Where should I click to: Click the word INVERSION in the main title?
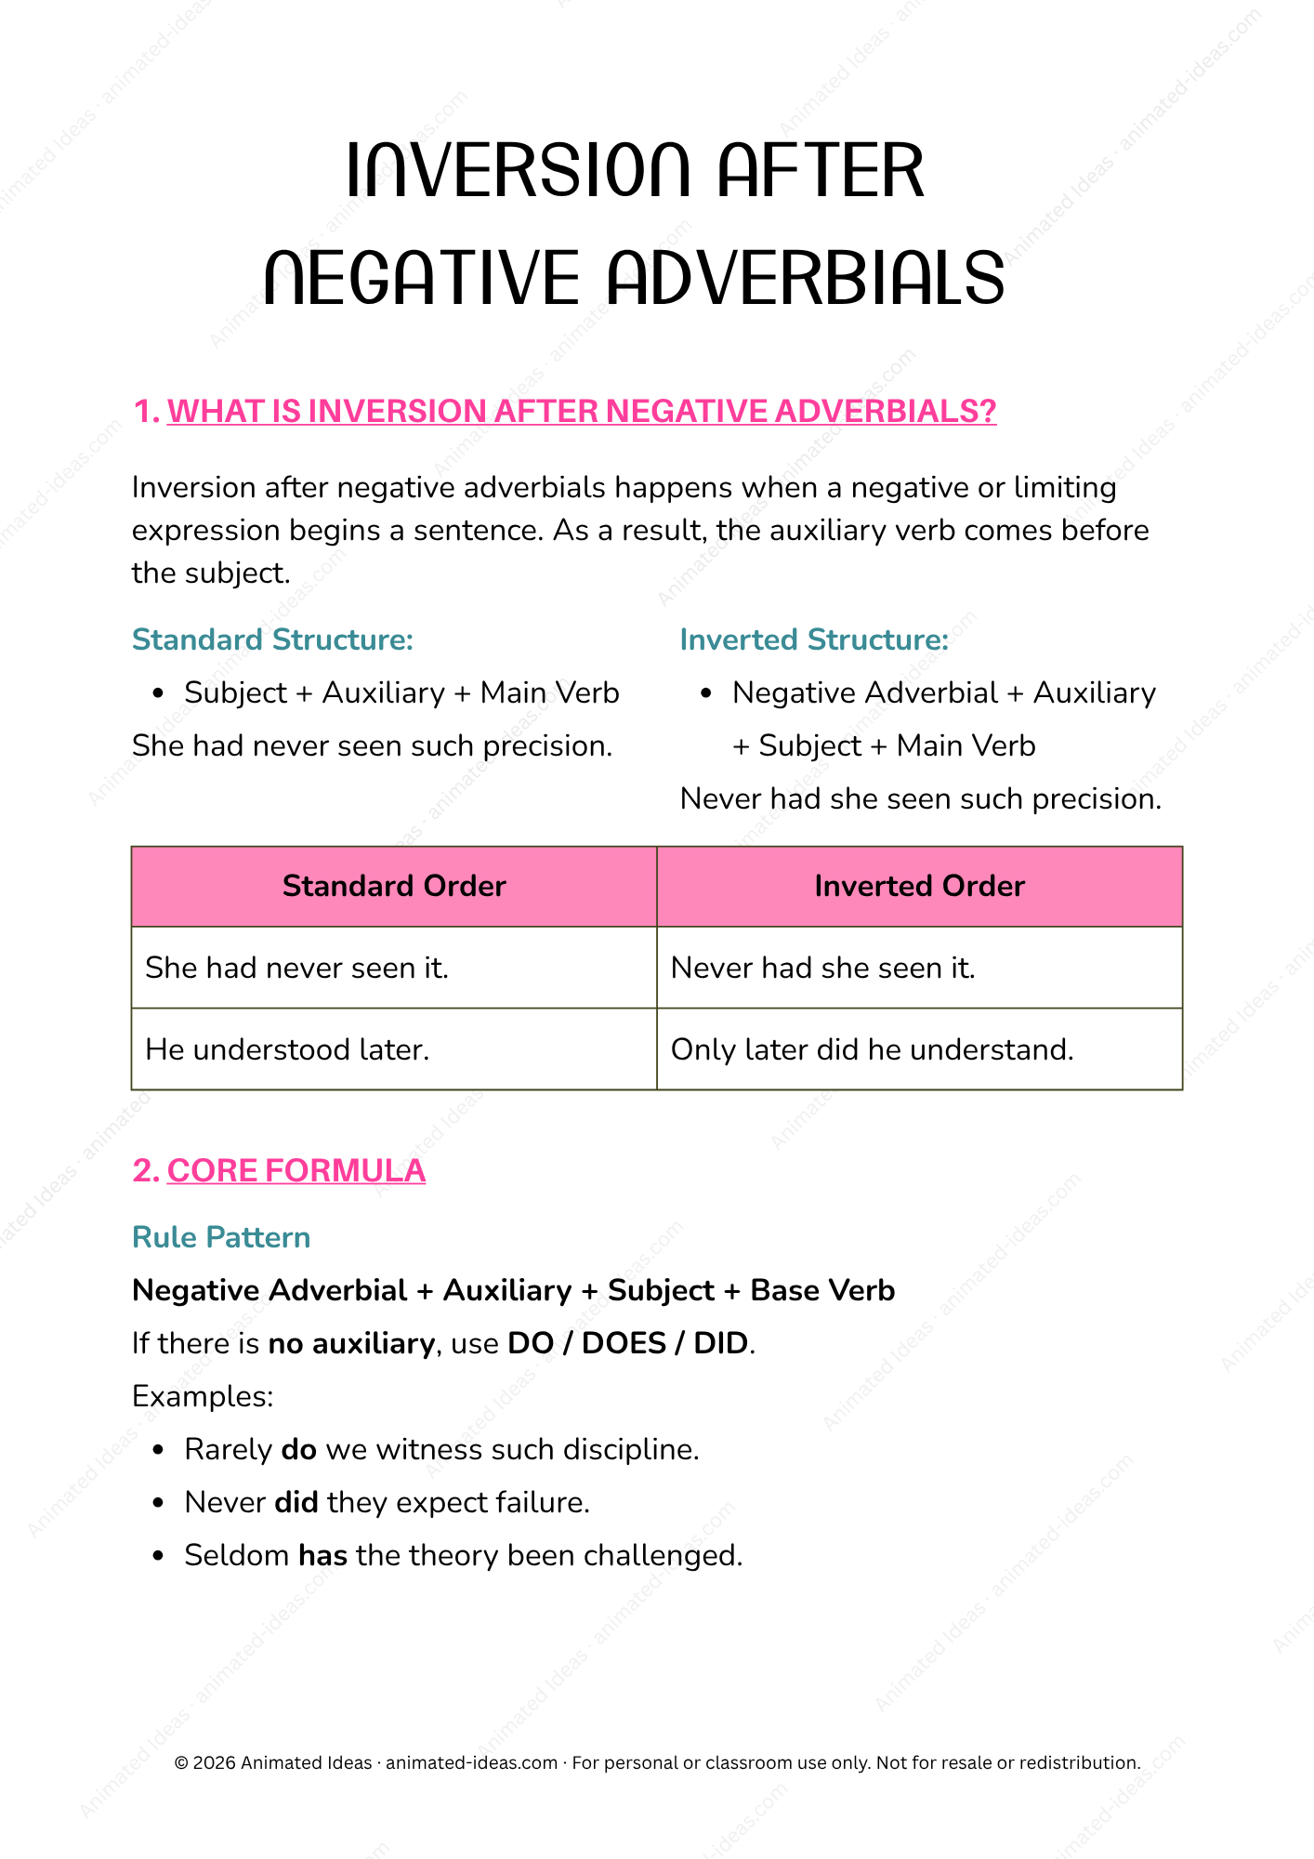click(518, 171)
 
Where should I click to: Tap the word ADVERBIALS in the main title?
click(806, 278)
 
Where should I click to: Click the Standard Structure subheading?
click(272, 639)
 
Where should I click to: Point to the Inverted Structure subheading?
click(814, 639)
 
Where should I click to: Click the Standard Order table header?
click(394, 886)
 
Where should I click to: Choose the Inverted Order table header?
click(919, 886)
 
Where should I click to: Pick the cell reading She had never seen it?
click(297, 968)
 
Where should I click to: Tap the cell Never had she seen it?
click(822, 968)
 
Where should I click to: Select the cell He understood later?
click(287, 1049)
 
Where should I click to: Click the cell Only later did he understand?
click(872, 1049)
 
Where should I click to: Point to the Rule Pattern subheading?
click(221, 1237)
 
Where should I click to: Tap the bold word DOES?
click(624, 1343)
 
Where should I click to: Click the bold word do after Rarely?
click(299, 1449)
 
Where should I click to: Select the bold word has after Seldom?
click(322, 1555)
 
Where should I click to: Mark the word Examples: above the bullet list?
click(203, 1396)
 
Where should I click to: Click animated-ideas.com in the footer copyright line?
click(471, 1762)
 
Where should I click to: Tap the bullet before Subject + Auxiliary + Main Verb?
click(158, 693)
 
